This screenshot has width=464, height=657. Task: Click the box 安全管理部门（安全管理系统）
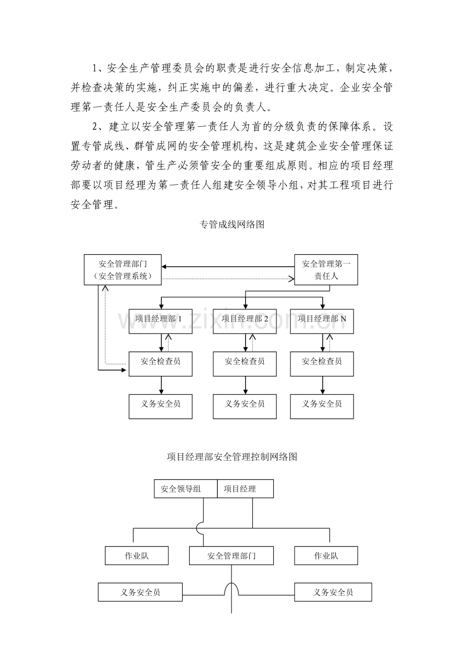click(123, 269)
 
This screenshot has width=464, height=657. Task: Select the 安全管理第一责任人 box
click(326, 269)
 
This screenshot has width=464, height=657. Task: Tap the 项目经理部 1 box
click(160, 321)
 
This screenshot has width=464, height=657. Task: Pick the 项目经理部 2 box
click(245, 321)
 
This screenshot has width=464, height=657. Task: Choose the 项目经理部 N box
click(322, 321)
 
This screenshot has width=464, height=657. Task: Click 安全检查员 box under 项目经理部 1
click(160, 364)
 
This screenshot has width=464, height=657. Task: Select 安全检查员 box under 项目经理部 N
click(322, 364)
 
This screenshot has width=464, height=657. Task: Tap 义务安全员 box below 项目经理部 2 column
click(245, 406)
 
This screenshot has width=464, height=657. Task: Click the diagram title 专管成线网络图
click(232, 225)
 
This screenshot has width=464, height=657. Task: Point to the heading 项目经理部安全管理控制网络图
click(232, 457)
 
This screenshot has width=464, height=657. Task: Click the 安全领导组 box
click(186, 488)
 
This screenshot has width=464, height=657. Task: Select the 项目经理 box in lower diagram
click(245, 488)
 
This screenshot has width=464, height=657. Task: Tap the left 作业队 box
click(137, 556)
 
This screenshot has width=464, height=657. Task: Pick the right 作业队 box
click(326, 556)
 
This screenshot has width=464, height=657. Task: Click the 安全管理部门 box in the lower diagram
click(231, 556)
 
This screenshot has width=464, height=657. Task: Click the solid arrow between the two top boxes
click(228, 266)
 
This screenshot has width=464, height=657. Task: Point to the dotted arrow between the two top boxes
click(228, 279)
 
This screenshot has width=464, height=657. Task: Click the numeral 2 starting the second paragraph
click(95, 127)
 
